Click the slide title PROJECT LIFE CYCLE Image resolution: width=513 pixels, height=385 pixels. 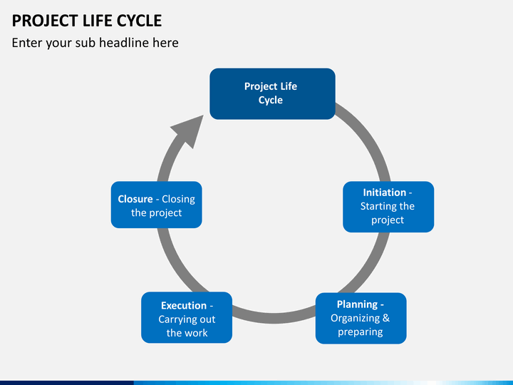pos(87,20)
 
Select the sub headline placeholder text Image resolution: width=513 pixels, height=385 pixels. pos(95,43)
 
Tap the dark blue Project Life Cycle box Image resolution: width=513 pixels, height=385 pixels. pos(271,93)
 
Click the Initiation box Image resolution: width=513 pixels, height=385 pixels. pos(388,207)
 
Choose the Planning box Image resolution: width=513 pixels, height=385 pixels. pos(361,318)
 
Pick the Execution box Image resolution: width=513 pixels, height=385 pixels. pos(187,318)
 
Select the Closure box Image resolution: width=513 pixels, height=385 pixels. pos(156,206)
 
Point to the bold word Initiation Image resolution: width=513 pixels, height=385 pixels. pos(384,192)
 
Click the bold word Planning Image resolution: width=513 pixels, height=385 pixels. pos(357,304)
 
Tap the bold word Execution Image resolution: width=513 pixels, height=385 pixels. pos(183,306)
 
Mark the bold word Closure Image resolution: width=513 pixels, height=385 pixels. pos(135,200)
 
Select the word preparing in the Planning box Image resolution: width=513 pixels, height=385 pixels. pos(361,332)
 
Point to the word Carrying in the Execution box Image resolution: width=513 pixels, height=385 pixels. pos(177,319)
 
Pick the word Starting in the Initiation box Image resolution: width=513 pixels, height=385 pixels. pos(378,206)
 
